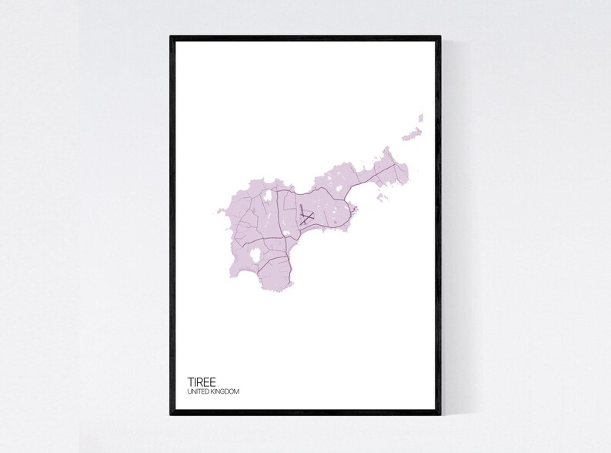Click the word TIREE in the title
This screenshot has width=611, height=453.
(201, 381)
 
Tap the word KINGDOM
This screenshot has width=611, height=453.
(224, 392)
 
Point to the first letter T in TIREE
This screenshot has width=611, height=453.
(190, 381)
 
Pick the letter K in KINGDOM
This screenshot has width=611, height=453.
(211, 392)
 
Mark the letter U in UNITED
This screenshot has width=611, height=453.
(189, 392)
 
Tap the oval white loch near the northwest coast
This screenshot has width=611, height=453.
(266, 198)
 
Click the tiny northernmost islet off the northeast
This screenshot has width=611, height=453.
(421, 117)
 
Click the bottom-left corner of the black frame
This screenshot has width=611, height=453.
(172, 414)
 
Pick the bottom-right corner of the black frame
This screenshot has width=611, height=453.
(439, 414)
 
